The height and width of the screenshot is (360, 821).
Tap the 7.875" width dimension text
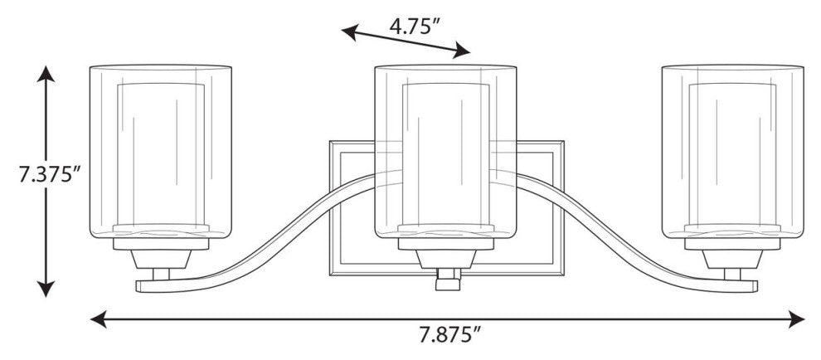[450, 334]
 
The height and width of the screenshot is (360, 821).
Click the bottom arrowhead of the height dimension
[46, 289]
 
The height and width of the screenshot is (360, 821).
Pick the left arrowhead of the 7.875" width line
[99, 319]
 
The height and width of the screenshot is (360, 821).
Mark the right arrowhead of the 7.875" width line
[796, 319]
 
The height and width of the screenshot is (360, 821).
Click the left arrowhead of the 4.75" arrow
[349, 32]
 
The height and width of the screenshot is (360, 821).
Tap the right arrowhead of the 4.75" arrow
[462, 51]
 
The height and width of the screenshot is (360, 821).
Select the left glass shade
[161, 152]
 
